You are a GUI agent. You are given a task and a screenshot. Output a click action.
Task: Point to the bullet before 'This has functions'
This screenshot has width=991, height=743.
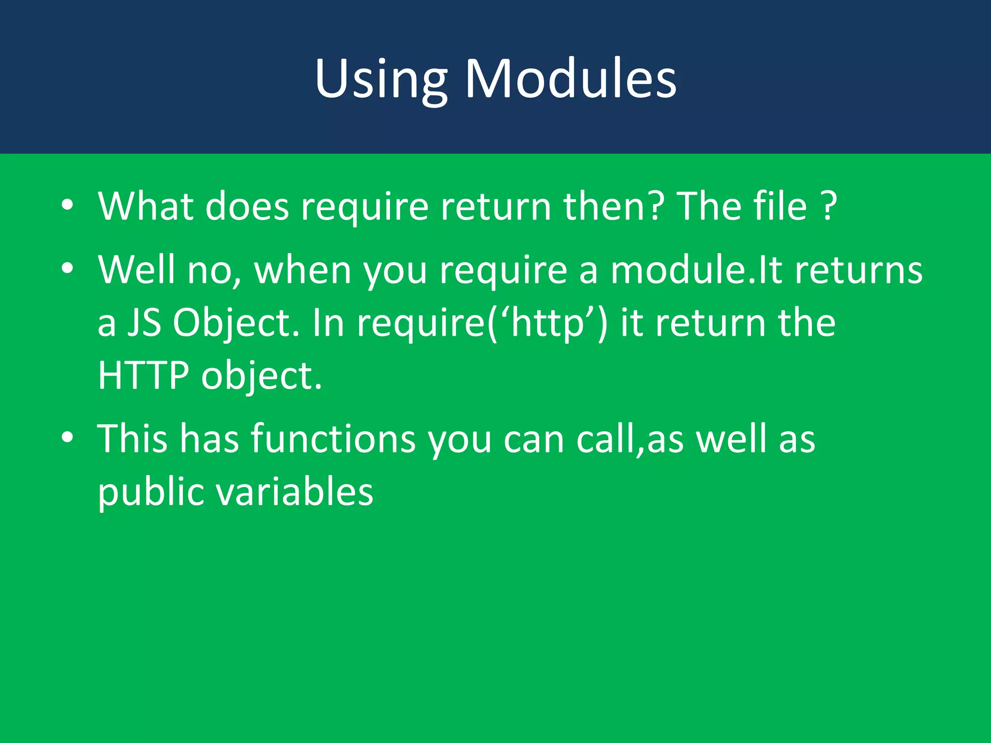pyautogui.click(x=67, y=437)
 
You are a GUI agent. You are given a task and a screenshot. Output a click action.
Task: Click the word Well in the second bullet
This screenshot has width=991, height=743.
pyautogui.click(x=136, y=269)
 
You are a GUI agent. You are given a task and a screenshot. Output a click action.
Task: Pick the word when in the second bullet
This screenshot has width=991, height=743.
pyautogui.click(x=303, y=269)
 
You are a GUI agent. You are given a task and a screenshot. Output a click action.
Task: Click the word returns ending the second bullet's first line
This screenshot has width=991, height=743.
pyautogui.click(x=858, y=269)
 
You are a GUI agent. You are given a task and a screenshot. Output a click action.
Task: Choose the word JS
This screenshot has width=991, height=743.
pyautogui.click(x=144, y=323)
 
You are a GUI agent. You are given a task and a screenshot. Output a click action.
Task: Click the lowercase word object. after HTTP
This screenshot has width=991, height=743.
pyautogui.click(x=261, y=376)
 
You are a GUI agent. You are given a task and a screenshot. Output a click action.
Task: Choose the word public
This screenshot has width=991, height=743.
pyautogui.click(x=151, y=492)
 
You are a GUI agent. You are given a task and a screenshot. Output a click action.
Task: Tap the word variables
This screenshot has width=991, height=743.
pyautogui.click(x=294, y=492)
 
